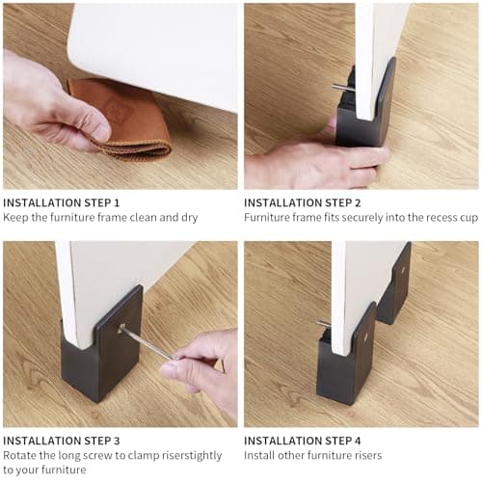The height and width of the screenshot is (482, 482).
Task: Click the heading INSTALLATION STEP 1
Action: (x=62, y=202)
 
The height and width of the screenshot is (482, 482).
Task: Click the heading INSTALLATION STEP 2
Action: (x=303, y=202)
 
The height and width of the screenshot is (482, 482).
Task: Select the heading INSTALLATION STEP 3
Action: (x=62, y=440)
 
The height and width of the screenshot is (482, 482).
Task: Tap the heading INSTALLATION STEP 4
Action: (x=303, y=440)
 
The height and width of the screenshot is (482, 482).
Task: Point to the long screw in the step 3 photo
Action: (x=145, y=342)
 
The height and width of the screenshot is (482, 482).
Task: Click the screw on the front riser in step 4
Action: (x=324, y=325)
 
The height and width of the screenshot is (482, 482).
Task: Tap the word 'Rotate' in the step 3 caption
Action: (x=20, y=455)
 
